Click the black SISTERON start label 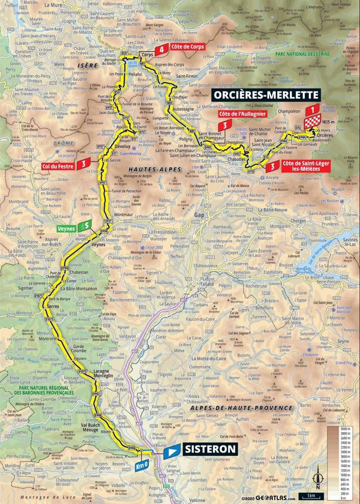click(210, 449)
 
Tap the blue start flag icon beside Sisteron click(172, 450)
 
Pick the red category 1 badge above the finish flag click(312, 110)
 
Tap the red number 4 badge click(161, 50)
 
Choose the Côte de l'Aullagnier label click(242, 114)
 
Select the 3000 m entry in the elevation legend click(342, 429)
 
